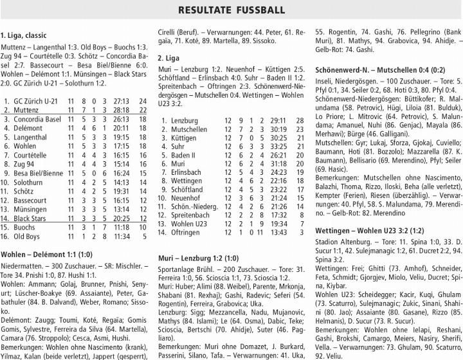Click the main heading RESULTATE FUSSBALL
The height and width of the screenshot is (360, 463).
(232, 11)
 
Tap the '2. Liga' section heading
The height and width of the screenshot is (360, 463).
(168, 57)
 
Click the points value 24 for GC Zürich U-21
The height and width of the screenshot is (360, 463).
(143, 102)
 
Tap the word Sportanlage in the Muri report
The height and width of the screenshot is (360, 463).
(177, 269)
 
